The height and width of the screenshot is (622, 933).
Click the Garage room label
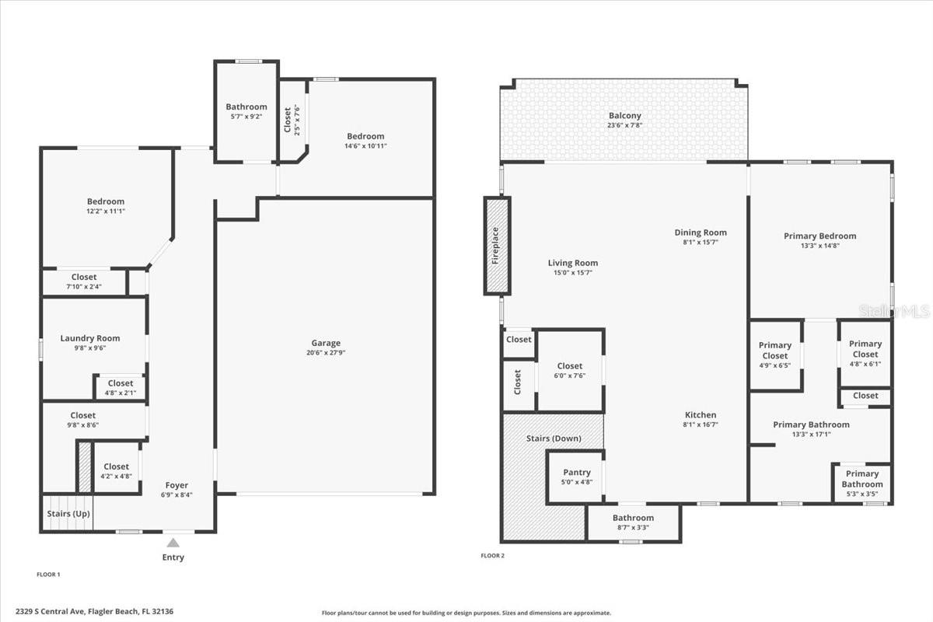[x=326, y=343]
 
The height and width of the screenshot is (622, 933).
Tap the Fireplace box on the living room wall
[x=497, y=246]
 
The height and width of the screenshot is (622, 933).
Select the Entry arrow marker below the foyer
[x=173, y=543]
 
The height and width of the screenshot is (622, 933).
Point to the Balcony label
[x=624, y=116]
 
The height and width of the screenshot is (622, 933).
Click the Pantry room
[x=576, y=477]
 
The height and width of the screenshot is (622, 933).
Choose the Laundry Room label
[x=90, y=338]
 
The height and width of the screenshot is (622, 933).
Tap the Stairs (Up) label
[x=67, y=514]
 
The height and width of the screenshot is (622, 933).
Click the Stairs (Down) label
[x=554, y=439]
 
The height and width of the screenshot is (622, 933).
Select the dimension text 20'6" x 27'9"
[x=326, y=353]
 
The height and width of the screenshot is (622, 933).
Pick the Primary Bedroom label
[x=819, y=236]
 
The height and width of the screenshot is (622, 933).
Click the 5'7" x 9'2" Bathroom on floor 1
[x=246, y=111]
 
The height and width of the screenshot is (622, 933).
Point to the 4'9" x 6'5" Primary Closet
[x=775, y=355]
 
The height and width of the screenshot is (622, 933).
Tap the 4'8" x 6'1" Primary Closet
[x=865, y=353]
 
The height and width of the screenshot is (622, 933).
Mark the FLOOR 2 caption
[x=493, y=556]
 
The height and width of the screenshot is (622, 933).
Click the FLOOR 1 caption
[x=48, y=575]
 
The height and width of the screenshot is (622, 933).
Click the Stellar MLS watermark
[x=894, y=311]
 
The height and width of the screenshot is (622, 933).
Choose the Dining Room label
[x=700, y=232]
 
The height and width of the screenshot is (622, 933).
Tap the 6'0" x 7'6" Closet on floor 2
[x=569, y=370]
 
